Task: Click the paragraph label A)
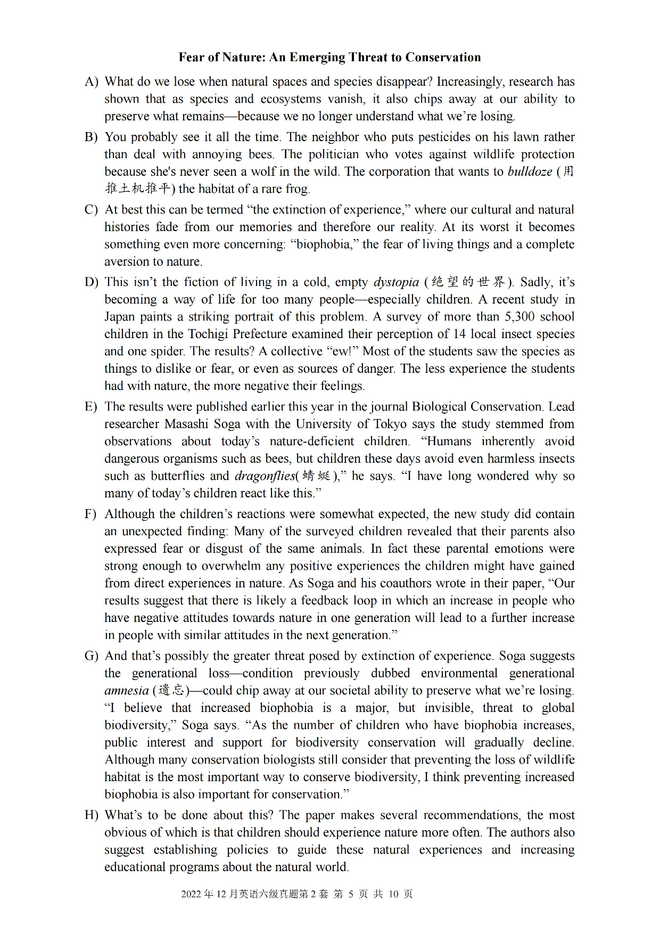(92, 82)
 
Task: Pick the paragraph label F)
(91, 514)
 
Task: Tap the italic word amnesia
(127, 691)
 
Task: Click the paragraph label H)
(92, 816)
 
